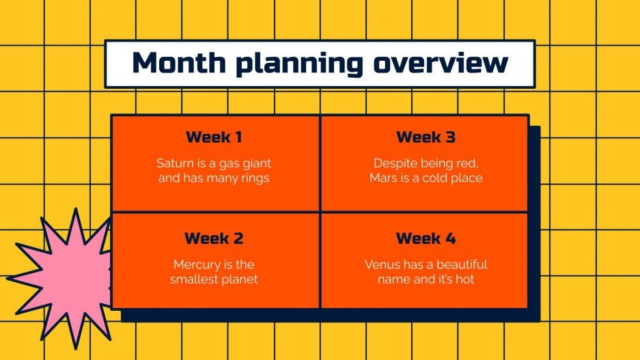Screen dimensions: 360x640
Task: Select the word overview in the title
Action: (x=441, y=63)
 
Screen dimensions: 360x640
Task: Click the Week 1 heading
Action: (x=214, y=137)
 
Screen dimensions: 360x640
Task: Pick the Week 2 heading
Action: (x=214, y=238)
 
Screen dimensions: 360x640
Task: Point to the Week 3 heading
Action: (x=426, y=137)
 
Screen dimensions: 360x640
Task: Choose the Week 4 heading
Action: (x=426, y=238)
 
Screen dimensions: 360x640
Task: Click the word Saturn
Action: (x=174, y=164)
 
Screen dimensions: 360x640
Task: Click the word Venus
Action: (x=381, y=264)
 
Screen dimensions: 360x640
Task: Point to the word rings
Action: (x=254, y=179)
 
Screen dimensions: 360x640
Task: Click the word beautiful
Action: (x=457, y=264)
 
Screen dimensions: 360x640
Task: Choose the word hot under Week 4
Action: (x=464, y=279)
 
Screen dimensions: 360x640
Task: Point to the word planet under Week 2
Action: (x=240, y=279)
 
